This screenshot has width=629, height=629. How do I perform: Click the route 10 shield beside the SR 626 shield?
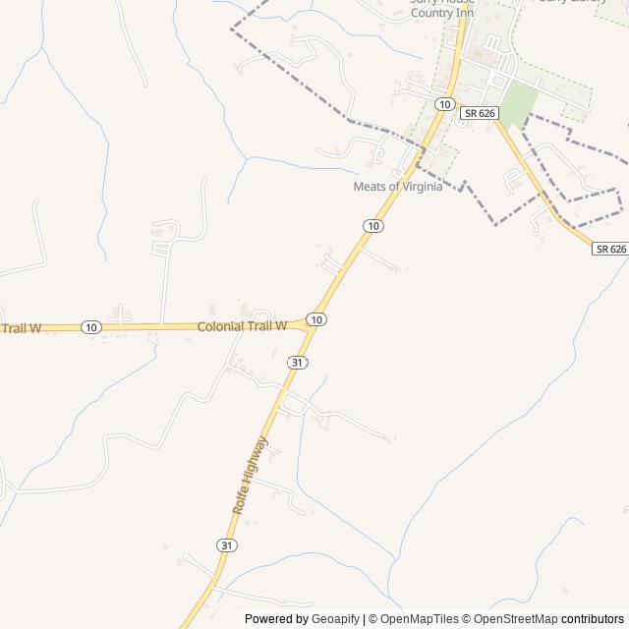[x=445, y=104]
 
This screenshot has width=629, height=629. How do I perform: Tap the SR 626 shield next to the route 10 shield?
[x=481, y=113]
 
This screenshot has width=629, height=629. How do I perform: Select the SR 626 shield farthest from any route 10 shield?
[x=610, y=250]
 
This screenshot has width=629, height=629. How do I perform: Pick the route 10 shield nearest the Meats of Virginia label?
[x=372, y=226]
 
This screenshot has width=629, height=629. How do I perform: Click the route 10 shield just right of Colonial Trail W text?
[x=315, y=319]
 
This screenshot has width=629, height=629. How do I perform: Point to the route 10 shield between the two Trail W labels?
[x=90, y=326]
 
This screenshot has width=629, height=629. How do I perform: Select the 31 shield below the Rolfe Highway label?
[x=227, y=544]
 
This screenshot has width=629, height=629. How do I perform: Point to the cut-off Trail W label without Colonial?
[x=20, y=328]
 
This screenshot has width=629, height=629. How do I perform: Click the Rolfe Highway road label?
[x=250, y=475]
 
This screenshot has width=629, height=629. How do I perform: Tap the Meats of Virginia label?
[x=397, y=187]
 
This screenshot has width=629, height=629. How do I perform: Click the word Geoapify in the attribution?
[x=335, y=619]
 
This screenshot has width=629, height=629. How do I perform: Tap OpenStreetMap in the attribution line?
[x=516, y=619]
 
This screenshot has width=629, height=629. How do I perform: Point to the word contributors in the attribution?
[x=593, y=619]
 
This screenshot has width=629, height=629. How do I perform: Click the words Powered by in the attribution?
[x=276, y=619]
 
